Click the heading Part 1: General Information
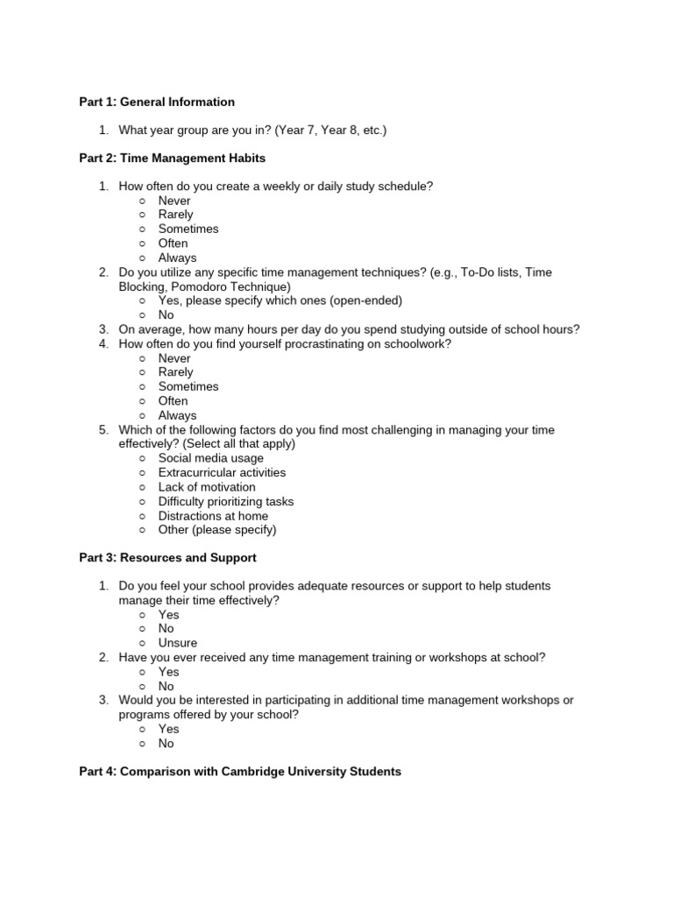pos(157,102)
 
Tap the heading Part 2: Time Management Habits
pos(172,159)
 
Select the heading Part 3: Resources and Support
pos(167,557)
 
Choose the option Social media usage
pos(210,458)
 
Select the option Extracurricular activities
pos(222,472)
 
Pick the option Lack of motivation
pos(207,487)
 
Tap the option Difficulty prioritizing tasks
pos(225,501)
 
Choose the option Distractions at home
pos(213,516)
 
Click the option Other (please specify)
pos(216,530)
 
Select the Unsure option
pos(178,643)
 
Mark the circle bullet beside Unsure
pos(142,643)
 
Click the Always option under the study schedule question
pos(177,258)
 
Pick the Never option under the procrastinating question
pos(174,358)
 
